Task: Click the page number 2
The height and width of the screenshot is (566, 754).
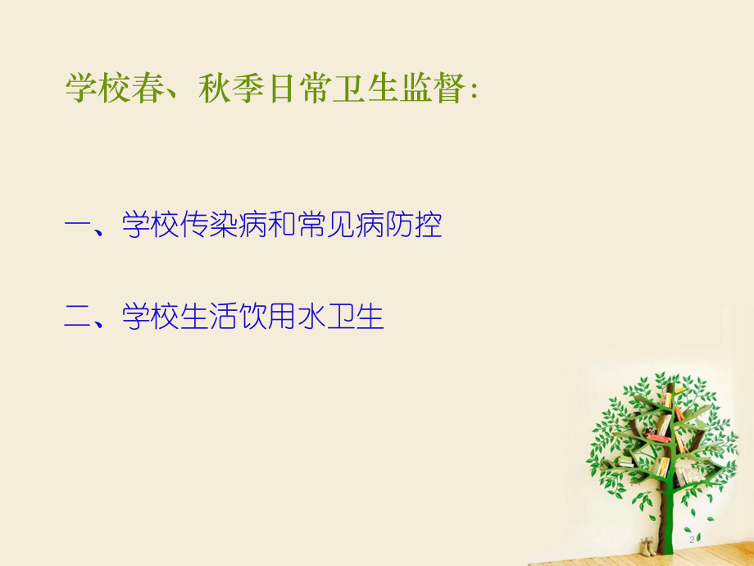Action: click(693, 540)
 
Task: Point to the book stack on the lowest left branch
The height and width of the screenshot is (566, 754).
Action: click(625, 460)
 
